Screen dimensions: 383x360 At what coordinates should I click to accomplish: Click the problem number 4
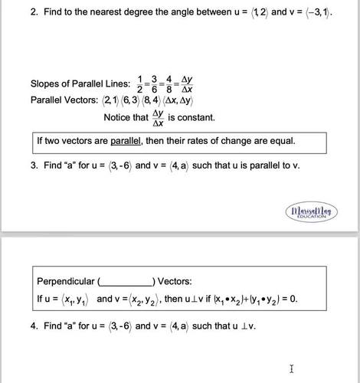(34, 326)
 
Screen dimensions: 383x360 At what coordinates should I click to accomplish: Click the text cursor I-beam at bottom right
(292, 369)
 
